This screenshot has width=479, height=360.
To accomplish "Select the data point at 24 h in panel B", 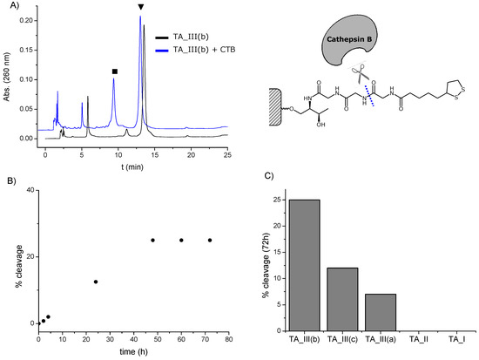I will [x=96, y=282].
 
